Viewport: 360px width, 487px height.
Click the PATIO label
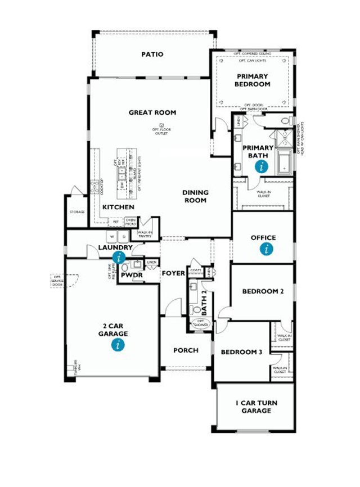[x=152, y=55]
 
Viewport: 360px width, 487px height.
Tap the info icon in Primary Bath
[x=260, y=166]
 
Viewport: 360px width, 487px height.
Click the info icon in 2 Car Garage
[x=118, y=345]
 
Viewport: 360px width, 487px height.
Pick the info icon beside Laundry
[x=119, y=258]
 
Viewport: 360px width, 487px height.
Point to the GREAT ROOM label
[x=152, y=112]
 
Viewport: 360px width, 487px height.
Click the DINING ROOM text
[x=195, y=196]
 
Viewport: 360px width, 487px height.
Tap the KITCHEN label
[x=118, y=208]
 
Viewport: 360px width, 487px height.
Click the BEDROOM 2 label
[x=262, y=291]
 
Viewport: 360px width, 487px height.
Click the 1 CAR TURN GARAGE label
[x=256, y=407]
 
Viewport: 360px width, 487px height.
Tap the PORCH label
[x=186, y=350]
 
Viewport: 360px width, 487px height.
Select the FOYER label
[x=174, y=273]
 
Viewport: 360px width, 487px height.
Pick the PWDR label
[x=131, y=275]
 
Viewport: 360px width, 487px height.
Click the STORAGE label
[x=77, y=212]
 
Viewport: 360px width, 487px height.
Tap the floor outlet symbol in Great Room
[x=161, y=125]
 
